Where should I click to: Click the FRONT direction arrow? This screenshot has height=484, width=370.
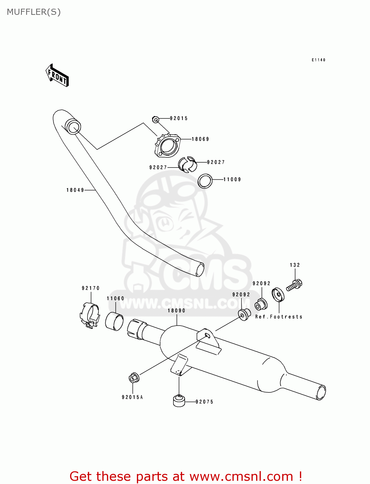57,76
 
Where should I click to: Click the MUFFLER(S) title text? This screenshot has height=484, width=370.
34,12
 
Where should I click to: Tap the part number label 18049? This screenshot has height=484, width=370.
75,190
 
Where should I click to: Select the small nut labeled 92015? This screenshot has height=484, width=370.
155,120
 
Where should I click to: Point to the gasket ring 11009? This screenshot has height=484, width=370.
205,181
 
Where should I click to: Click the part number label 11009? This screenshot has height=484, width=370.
232,179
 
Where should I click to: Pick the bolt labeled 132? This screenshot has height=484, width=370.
294,285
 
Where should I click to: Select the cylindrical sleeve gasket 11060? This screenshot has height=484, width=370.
114,321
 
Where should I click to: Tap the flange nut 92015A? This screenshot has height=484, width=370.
134,378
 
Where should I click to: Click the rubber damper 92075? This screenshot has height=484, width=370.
179,400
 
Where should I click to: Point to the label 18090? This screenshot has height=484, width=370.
176,310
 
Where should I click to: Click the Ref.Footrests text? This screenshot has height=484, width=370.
279,317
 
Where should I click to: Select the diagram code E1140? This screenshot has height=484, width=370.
318,60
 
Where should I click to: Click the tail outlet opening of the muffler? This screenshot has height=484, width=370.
321,393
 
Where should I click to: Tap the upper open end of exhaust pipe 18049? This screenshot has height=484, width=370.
73,126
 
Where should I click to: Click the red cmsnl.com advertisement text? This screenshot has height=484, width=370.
186,476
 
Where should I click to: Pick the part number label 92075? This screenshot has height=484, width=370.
204,402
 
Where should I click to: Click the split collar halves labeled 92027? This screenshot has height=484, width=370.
188,165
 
